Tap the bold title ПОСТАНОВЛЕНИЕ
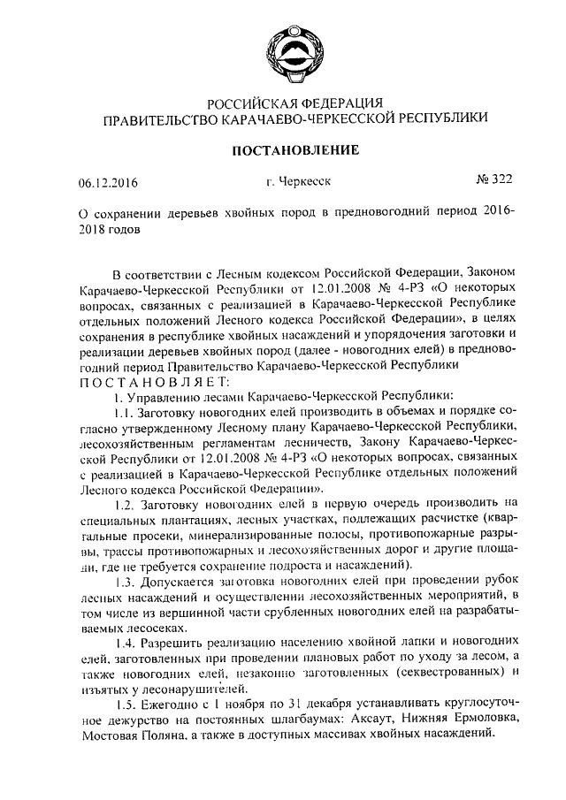(288, 150)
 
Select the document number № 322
(493, 179)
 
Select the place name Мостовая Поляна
(131, 735)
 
